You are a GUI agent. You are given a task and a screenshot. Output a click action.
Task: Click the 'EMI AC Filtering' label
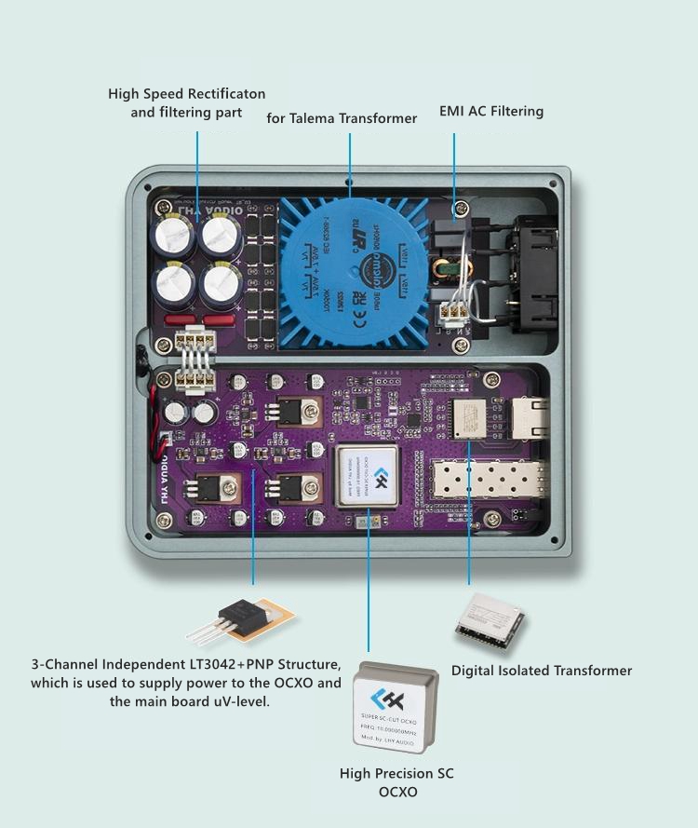point(490,112)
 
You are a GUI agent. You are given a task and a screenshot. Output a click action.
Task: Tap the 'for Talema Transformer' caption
point(342,118)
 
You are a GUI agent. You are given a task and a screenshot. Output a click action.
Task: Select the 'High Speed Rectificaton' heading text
point(187,94)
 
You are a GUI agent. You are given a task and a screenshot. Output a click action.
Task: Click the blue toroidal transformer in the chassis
point(354,270)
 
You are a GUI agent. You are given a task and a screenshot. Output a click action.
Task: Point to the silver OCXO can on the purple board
point(368,475)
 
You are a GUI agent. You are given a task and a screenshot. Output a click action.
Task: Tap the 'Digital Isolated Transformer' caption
point(542,671)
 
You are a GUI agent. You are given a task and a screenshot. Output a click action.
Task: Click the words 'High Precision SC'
point(396,774)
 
